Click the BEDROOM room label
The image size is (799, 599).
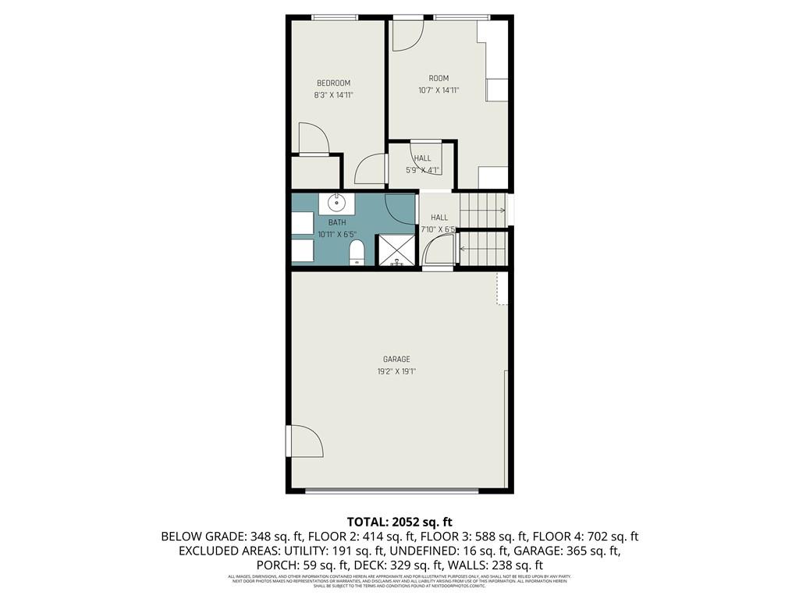pos(333,83)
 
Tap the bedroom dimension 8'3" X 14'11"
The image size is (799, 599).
pos(333,95)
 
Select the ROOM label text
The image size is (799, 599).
pos(439,78)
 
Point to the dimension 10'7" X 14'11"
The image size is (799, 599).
pos(439,90)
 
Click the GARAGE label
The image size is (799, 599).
pos(396,360)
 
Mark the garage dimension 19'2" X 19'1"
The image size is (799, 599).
pos(396,372)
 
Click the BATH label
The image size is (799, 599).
pos(337,222)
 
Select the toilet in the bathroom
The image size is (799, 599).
pos(357,252)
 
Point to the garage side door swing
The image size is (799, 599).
pos(305,441)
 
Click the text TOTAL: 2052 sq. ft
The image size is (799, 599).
pos(399,522)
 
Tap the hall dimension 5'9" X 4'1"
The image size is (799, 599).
pos(423,170)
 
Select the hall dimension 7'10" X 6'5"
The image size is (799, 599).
pos(438,230)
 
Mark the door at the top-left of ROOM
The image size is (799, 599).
pos(407,34)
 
